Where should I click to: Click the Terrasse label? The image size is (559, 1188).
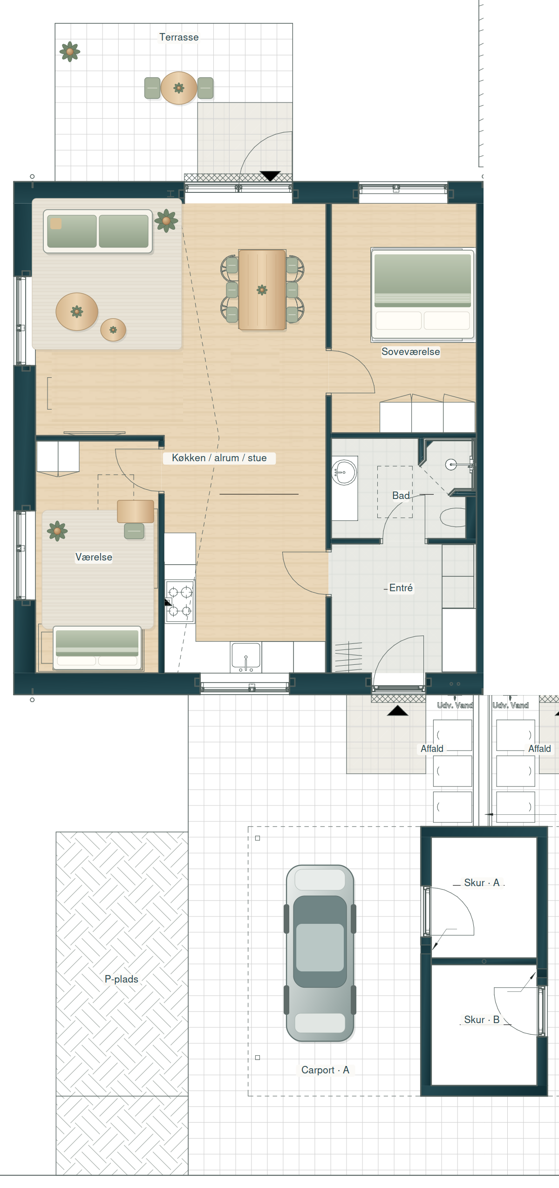179,37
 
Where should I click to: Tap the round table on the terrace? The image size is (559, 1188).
179,88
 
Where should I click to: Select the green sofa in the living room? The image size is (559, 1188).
98,231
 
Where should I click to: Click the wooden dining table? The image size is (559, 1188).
262,289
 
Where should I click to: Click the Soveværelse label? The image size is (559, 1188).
410,352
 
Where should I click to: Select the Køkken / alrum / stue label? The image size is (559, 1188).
219,458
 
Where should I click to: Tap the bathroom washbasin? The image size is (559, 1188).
344,472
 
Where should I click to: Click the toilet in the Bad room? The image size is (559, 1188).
453,517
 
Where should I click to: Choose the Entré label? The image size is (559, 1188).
401,588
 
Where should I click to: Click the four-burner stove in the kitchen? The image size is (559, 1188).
180,601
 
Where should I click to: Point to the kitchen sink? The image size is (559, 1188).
245,657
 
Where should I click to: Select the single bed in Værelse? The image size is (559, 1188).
97,648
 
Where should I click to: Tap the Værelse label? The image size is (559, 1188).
94,557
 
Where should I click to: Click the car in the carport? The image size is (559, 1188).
320,953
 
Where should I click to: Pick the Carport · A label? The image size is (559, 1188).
325,1070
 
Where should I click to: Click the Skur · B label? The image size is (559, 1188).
482,1020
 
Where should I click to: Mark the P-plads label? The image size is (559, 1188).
122,979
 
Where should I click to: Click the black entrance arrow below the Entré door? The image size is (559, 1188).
397,710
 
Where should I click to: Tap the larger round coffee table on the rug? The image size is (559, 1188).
77,311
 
